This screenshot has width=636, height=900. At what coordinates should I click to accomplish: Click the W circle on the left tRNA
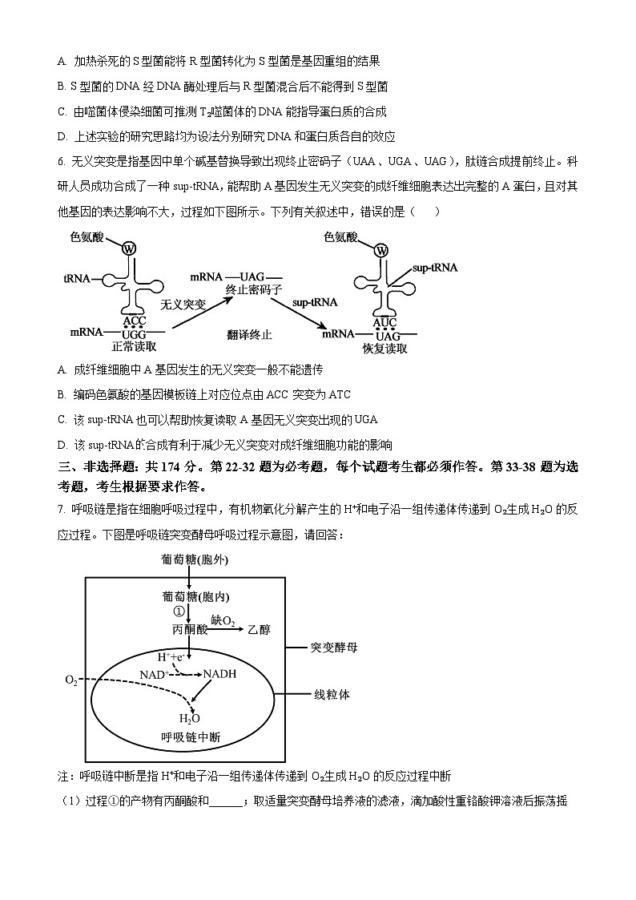click(x=130, y=249)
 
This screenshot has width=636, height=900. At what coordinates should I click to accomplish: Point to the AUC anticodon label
click(x=385, y=322)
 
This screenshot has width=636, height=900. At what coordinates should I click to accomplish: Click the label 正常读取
click(x=134, y=347)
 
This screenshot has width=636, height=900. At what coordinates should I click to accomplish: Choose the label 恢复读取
click(x=384, y=349)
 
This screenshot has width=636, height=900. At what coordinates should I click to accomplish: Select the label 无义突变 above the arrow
click(x=183, y=305)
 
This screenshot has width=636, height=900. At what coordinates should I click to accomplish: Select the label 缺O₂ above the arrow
click(x=223, y=620)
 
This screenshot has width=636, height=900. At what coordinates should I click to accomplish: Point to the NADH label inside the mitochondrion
click(x=220, y=674)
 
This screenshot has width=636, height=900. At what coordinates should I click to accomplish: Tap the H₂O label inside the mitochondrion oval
click(x=190, y=718)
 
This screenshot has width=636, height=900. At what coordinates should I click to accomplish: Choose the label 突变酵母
click(x=333, y=646)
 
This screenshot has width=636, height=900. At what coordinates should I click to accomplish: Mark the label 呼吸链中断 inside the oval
click(x=189, y=738)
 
